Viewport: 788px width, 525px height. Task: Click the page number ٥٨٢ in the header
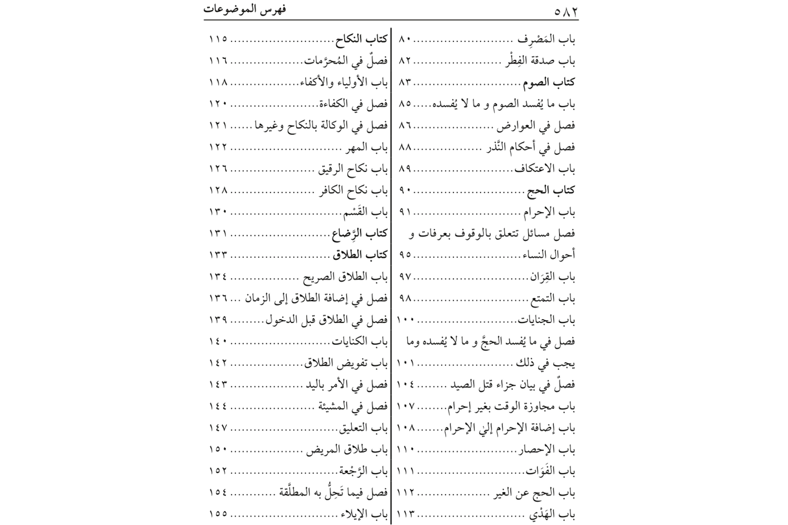566,11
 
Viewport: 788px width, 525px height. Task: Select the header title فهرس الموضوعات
245,9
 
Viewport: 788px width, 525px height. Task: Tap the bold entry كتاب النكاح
361,39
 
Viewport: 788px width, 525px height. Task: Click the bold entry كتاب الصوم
549,82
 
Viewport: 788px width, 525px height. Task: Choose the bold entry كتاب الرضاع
359,233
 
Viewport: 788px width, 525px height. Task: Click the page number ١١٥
218,39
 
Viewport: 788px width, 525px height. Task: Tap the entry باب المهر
366,147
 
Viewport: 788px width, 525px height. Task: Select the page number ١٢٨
218,190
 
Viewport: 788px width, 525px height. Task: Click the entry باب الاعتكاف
544,169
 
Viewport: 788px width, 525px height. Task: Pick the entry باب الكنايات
359,341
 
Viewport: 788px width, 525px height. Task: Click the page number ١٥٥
218,514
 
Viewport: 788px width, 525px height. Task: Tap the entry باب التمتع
553,298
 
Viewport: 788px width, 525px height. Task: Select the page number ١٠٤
405,384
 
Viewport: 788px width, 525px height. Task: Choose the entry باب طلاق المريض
347,449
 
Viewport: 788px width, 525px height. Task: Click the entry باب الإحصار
547,449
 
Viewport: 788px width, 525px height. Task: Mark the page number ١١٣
405,514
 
